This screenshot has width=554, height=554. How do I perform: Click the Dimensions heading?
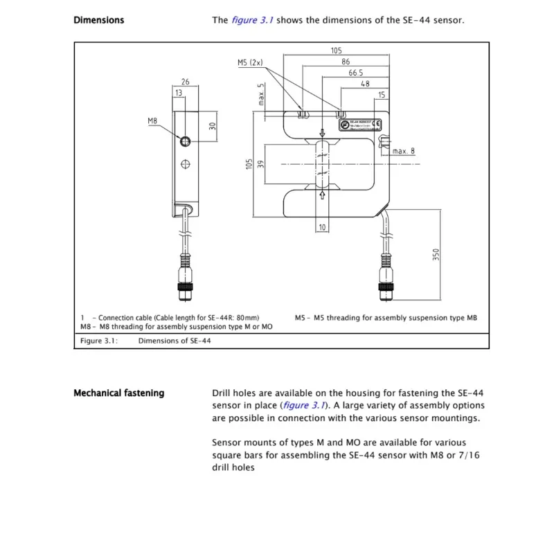click(98, 20)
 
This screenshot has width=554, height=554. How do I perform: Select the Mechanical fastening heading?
click(118, 393)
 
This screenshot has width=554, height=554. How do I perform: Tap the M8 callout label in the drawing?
click(153, 121)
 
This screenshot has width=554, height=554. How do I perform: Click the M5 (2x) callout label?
click(250, 62)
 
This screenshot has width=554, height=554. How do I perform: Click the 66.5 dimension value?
click(355, 72)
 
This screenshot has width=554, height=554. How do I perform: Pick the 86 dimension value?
click(346, 61)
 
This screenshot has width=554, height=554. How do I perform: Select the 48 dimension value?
click(365, 83)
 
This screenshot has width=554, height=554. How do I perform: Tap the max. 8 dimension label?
click(403, 150)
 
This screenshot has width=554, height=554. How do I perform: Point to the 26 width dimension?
click(186, 82)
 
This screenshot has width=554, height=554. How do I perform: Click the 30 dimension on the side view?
click(213, 127)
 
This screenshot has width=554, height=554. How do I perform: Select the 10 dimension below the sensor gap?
click(323, 227)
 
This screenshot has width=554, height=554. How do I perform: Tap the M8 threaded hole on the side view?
click(185, 141)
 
